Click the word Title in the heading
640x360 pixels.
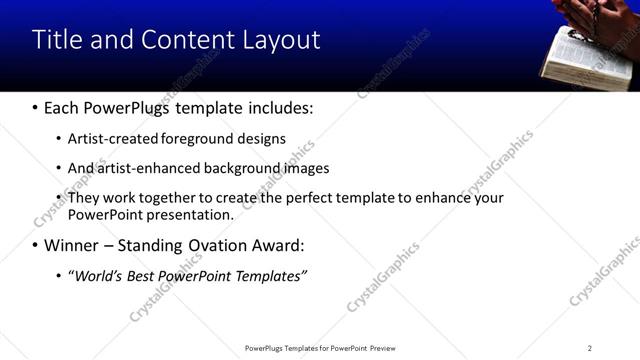coord(55,40)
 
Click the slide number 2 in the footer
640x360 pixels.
coord(590,348)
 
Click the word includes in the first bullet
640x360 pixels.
coord(280,107)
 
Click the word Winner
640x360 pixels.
coord(73,245)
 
